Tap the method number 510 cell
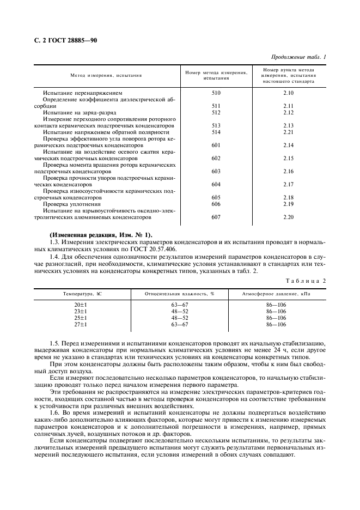click(x=216, y=93)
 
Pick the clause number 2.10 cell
click(x=288, y=93)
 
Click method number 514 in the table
click(x=216, y=132)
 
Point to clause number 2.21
click(x=288, y=132)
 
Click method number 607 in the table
click(x=216, y=216)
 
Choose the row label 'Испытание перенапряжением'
click(x=79, y=93)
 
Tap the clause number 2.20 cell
click(x=288, y=216)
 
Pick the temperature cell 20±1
click(x=81, y=305)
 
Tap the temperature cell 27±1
click(x=81, y=324)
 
